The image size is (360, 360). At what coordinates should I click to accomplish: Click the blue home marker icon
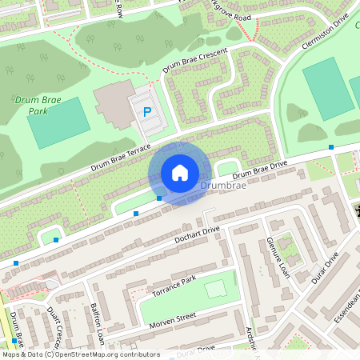click(180, 173)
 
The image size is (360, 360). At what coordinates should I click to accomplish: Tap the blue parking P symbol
click(146, 113)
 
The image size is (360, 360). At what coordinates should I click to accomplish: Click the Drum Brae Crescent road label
click(195, 61)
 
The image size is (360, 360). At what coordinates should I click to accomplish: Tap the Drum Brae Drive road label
click(259, 170)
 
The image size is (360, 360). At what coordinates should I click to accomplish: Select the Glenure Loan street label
click(277, 258)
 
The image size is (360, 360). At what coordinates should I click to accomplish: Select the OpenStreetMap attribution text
click(80, 354)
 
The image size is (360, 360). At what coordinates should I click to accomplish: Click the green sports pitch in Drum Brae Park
click(58, 122)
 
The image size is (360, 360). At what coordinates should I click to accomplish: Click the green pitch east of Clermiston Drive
click(329, 86)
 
